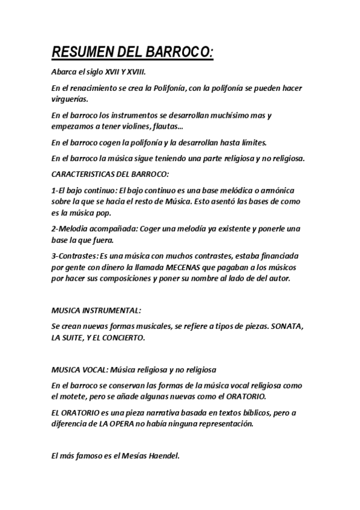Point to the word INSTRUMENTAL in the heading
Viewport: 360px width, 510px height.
(110, 310)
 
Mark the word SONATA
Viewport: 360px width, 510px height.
(287, 327)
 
